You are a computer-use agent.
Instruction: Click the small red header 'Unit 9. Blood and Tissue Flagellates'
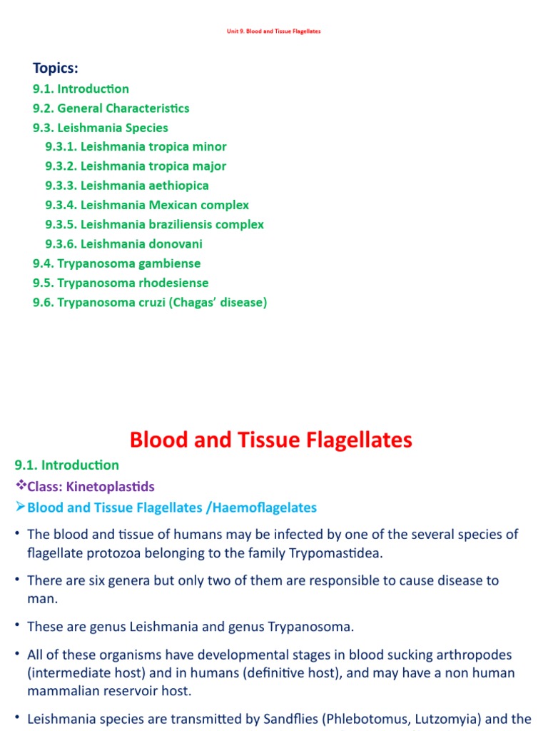[x=274, y=31]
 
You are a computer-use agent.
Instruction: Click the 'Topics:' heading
[x=56, y=69]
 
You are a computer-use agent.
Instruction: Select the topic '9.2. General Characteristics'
[x=111, y=109]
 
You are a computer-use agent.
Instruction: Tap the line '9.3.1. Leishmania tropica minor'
[x=136, y=147]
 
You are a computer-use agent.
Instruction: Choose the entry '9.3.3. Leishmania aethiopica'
[x=127, y=186]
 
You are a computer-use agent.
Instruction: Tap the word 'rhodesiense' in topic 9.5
[x=173, y=283]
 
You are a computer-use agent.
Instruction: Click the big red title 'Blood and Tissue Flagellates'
[x=271, y=440]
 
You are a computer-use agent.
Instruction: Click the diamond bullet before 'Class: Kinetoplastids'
[x=20, y=486]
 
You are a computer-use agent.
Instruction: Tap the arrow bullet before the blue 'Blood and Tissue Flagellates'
[x=20, y=508]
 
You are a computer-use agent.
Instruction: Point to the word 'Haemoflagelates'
[x=262, y=508]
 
